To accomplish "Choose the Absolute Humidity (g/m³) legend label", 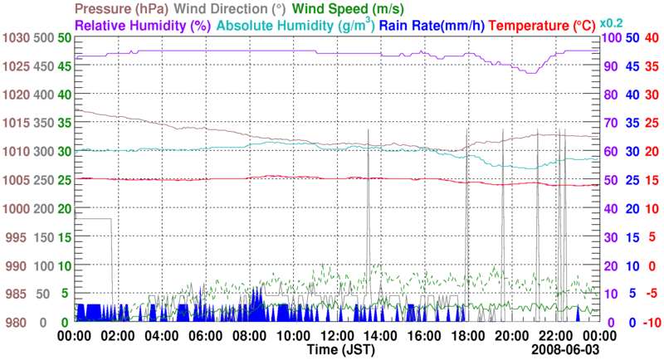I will pyautogui.click(x=295, y=25).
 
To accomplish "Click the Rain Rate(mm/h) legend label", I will pyautogui.click(x=432, y=25).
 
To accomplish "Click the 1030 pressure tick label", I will pyautogui.click(x=16, y=38).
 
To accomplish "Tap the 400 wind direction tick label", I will pyautogui.click(x=44, y=95).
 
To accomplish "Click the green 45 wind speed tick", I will pyautogui.click(x=65, y=66).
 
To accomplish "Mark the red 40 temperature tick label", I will pyautogui.click(x=652, y=38).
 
